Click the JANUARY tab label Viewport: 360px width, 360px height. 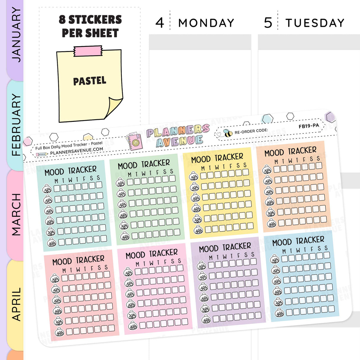coord(16,35)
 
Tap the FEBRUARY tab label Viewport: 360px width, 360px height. coord(16,125)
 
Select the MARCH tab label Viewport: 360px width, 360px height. coord(16,214)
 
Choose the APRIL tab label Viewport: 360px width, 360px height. coord(16,304)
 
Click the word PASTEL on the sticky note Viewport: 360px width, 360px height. coord(90,81)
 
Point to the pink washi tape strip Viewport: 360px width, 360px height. coord(88,51)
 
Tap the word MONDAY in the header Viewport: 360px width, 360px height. coord(206,23)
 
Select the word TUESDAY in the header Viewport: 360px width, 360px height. coord(315,23)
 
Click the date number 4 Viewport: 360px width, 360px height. coord(160,23)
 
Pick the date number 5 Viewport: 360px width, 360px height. coord(268,23)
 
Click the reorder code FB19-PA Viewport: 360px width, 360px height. coord(309,126)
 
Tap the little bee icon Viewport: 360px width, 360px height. coord(228,133)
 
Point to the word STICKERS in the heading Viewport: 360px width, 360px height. coord(95,20)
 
